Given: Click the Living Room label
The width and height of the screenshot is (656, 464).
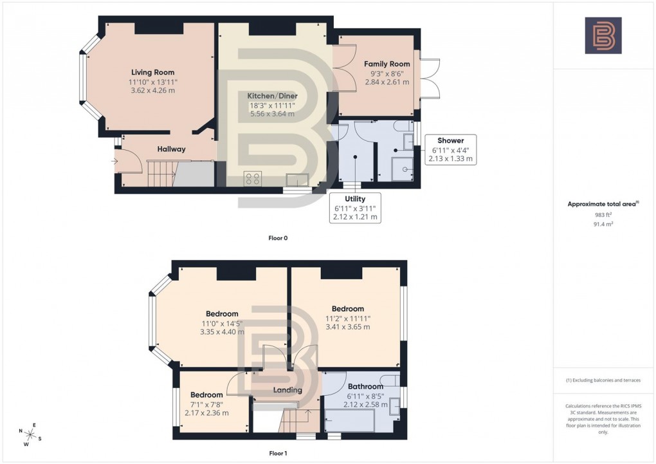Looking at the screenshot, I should [x=152, y=72].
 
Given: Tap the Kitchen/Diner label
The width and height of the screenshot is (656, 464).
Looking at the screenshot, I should [x=273, y=96].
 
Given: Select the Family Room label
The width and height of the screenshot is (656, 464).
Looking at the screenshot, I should [x=387, y=64].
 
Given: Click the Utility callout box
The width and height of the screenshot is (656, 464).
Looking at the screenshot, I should [x=355, y=207].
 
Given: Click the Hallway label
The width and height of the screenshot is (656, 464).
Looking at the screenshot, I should [x=171, y=149].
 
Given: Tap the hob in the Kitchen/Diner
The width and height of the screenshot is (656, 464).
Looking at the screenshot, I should [x=251, y=178].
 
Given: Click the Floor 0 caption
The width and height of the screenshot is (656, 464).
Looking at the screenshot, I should [x=278, y=238].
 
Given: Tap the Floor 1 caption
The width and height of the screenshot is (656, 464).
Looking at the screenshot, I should [x=278, y=453].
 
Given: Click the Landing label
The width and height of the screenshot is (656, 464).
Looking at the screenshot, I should [x=287, y=390].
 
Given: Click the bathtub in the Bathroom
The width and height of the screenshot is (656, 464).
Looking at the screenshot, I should [x=350, y=420].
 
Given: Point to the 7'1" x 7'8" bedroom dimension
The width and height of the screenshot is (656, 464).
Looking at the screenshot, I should [x=206, y=404].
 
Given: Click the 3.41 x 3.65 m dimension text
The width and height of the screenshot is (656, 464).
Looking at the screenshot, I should [x=347, y=327].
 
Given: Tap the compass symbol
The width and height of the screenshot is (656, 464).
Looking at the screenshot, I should [x=30, y=435].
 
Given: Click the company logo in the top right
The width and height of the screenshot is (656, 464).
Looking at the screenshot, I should [x=603, y=35].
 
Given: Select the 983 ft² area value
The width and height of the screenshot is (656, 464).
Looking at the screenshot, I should [x=602, y=215].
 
